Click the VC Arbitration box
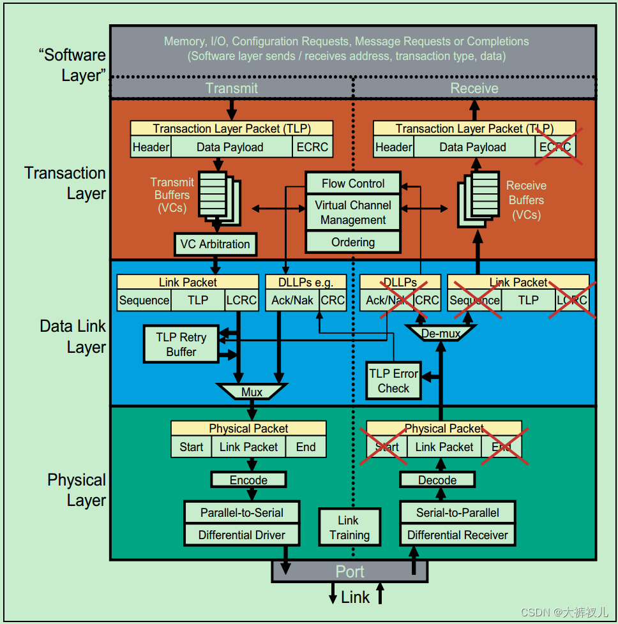pos(215,244)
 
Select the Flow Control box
pos(353,183)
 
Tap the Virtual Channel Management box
pos(353,212)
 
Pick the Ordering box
pos(353,242)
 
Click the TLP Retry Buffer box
pos(181,345)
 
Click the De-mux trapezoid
pos(441,333)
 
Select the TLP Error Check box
pos(394,381)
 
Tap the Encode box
pos(248,480)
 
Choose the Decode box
pos(437,480)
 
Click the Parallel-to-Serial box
pos(242,512)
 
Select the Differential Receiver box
pos(458,535)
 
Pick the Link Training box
pos(349,528)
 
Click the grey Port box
pos(350,571)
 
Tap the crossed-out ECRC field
pos(555,147)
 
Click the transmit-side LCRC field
pos(241,301)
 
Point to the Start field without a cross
pos(191,447)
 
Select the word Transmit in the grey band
pos(232,88)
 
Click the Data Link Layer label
pos(73,337)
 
